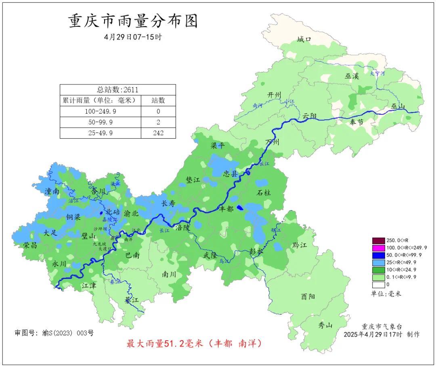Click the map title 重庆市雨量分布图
coord(133,21)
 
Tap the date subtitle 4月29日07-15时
coord(133,37)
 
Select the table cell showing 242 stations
coord(158,133)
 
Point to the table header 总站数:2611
coord(117,90)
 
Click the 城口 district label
coord(304,40)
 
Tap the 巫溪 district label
coord(352,76)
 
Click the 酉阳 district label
coord(308,296)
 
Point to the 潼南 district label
coord(54,191)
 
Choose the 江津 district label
coord(89,285)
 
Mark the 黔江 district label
coord(299,245)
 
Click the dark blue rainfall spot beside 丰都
coord(240,208)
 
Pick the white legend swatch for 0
coord(378,284)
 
